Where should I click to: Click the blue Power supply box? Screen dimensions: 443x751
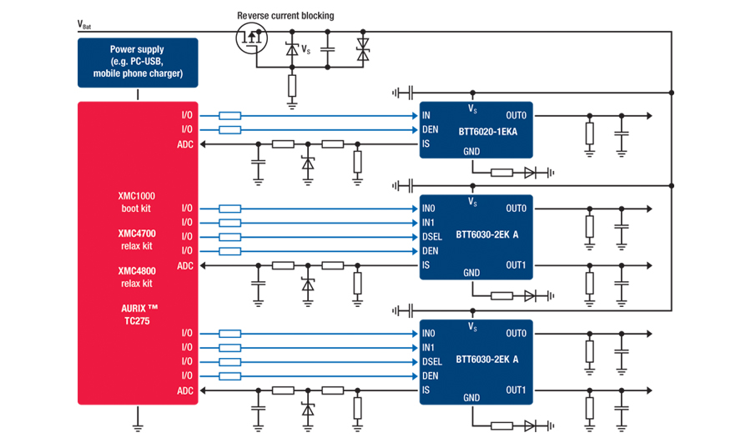[138, 63]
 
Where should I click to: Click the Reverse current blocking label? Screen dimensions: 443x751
[285, 16]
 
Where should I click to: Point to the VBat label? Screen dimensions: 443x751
[84, 24]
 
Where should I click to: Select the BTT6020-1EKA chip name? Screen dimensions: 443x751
[486, 131]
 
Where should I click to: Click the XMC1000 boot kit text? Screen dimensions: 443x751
[136, 202]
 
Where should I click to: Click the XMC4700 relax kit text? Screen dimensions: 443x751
[136, 239]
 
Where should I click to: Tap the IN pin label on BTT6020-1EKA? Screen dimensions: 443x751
[426, 115]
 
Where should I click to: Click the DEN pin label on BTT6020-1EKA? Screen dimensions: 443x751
[430, 129]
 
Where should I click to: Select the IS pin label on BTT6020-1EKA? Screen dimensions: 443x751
[426, 144]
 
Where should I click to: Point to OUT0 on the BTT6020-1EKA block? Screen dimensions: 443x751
[517, 115]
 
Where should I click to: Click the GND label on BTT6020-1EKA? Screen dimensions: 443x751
[471, 152]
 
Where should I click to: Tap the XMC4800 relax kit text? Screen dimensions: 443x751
[136, 277]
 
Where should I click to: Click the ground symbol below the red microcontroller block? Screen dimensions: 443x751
[138, 426]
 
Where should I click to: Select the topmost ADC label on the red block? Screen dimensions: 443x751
[185, 144]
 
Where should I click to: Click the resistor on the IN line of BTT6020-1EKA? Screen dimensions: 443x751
[230, 115]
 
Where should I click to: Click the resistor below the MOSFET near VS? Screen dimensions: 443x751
[292, 85]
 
